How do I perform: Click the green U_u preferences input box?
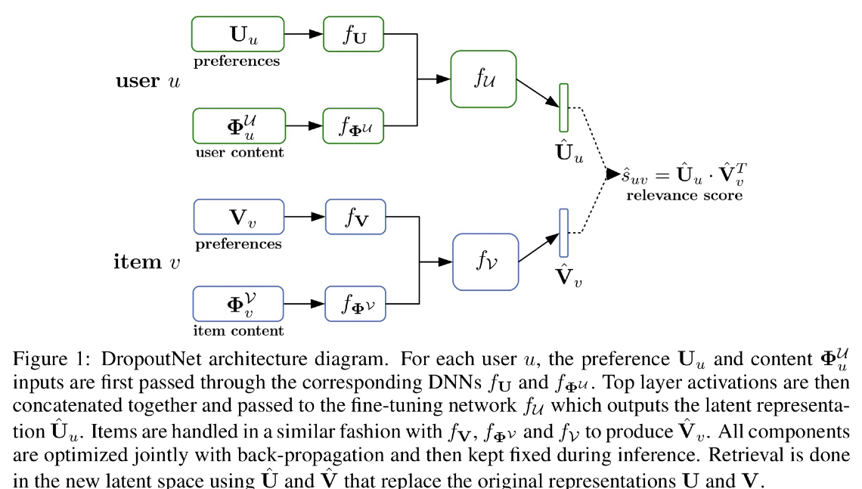[237, 35]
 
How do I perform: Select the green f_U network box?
[354, 35]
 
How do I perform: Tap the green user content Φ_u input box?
[239, 125]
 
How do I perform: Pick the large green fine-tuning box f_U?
[483, 79]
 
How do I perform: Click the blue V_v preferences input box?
[239, 218]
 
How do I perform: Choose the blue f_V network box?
[355, 218]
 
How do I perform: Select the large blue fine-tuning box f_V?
[485, 262]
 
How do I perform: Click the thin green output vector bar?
[563, 107]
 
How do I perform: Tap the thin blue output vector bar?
[563, 233]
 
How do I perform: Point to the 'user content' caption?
[239, 152]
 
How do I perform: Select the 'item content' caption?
[239, 331]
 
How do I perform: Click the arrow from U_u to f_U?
[304, 35]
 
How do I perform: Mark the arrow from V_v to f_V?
[305, 218]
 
